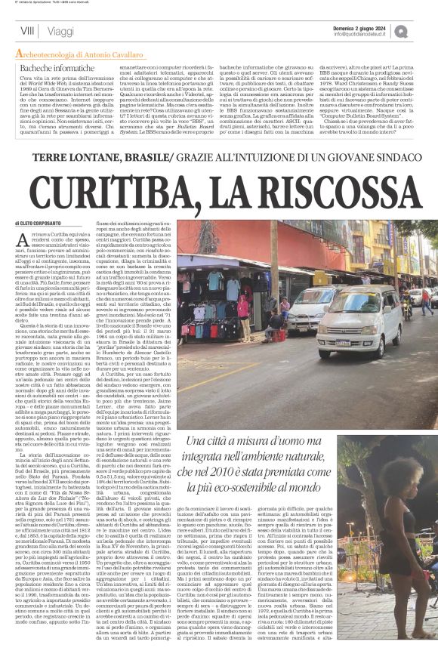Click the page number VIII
coord(26,31)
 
